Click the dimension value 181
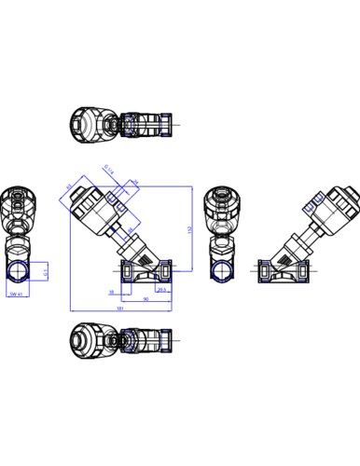pos(121,307)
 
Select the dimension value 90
pos(145,299)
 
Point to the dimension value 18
pos(110,291)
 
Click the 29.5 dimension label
pos(160,290)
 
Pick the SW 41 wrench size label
pos(14,294)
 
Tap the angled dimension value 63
pos(68,186)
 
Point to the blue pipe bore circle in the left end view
pos(18,272)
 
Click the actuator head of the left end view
pos(18,206)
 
